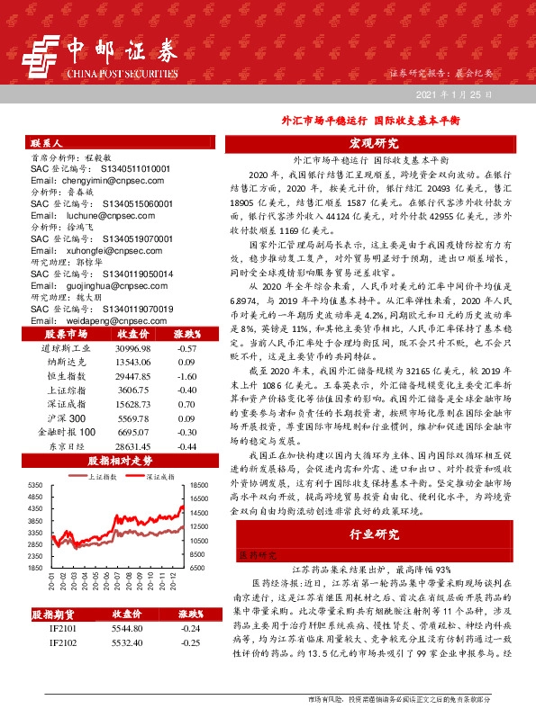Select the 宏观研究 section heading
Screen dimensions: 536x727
pos(375,143)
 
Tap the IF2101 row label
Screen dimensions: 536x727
pos(62,630)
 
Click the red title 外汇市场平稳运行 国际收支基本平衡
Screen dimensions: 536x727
pos(358,119)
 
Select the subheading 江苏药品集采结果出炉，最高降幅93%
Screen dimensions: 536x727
pos(373,570)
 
